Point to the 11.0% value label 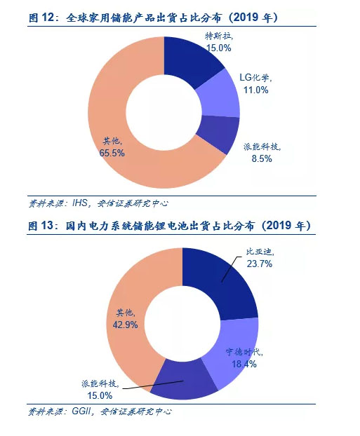coord(256,90)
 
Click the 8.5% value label coord(262,159)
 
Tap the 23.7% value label coord(260,264)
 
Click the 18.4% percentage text coord(244,364)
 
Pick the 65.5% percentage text coord(112,153)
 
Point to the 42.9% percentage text coord(126,325)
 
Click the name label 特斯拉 coord(218,36)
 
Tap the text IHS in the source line coord(80,203)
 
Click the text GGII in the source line coord(81,411)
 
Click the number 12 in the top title coord(47,18)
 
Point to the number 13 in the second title coord(47,226)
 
